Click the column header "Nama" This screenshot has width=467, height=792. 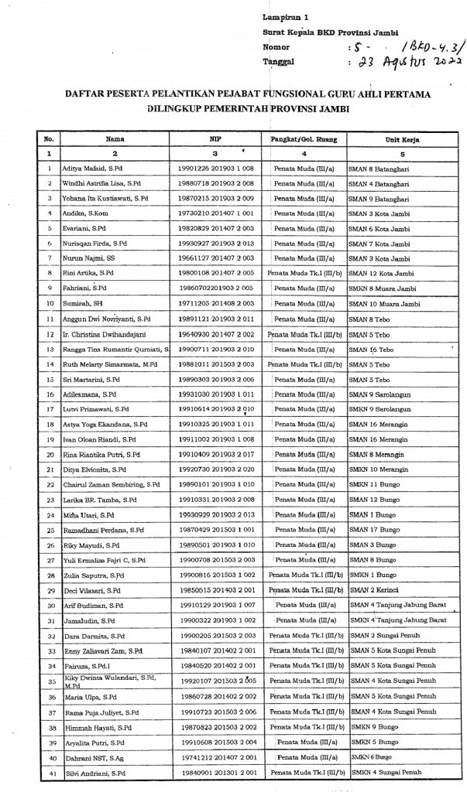tap(117, 140)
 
